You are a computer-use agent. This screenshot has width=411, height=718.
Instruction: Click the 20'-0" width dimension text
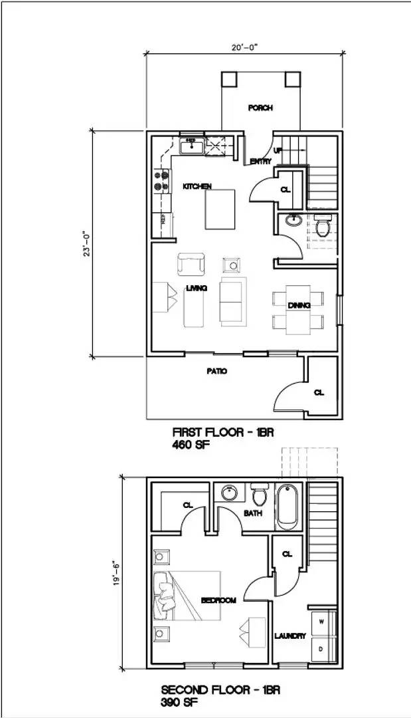click(x=245, y=47)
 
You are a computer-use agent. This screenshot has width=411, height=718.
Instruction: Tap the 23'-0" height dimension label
click(x=86, y=244)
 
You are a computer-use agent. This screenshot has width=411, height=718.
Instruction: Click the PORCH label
click(x=260, y=108)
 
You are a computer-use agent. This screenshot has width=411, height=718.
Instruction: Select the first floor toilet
click(x=323, y=227)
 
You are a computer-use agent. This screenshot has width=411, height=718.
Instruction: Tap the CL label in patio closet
click(x=319, y=392)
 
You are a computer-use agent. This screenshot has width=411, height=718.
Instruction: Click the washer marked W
click(x=322, y=622)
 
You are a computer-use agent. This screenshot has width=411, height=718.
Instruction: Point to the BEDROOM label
click(x=218, y=600)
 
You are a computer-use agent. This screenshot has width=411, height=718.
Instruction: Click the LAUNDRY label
click(x=290, y=636)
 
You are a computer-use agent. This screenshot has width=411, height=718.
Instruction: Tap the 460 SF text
click(x=191, y=445)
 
